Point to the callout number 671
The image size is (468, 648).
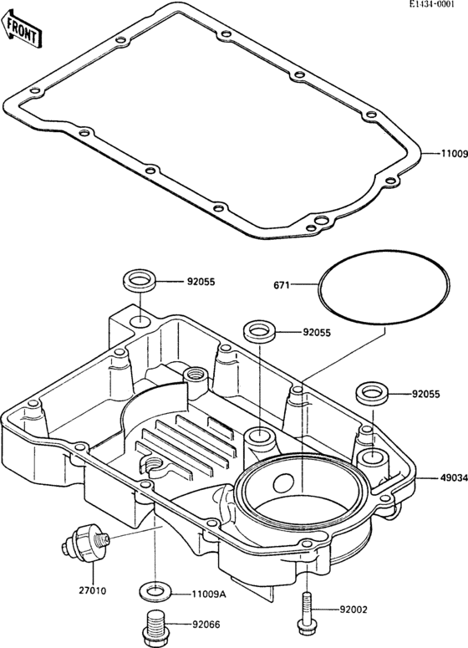click(282, 286)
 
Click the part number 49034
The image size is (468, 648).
click(451, 479)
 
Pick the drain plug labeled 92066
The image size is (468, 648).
click(152, 624)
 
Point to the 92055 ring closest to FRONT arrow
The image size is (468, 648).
click(139, 281)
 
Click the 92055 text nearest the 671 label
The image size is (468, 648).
click(318, 333)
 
